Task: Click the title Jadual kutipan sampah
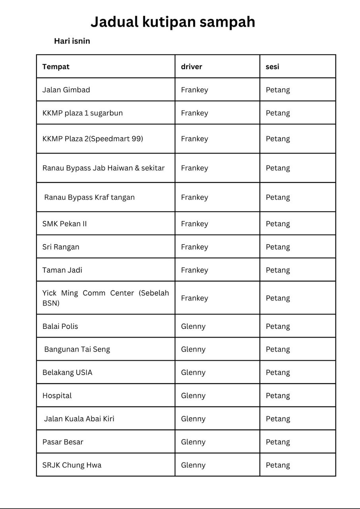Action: click(x=173, y=22)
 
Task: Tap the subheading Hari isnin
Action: click(x=72, y=41)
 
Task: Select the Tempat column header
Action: click(x=56, y=67)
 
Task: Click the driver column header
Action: click(x=192, y=67)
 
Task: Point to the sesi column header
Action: click(x=273, y=67)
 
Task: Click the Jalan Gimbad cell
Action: click(x=66, y=90)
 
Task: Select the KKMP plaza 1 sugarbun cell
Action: click(x=83, y=113)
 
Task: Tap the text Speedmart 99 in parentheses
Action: click(x=122, y=139)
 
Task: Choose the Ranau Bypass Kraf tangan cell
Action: click(x=89, y=197)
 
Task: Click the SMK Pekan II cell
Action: click(x=64, y=224)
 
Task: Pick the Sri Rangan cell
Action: click(x=61, y=247)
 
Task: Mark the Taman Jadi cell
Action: click(x=62, y=270)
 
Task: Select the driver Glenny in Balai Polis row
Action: click(x=194, y=326)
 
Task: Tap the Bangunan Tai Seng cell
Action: click(x=77, y=350)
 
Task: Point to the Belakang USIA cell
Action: click(x=67, y=373)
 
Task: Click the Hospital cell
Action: click(x=57, y=396)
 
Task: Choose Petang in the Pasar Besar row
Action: click(x=278, y=442)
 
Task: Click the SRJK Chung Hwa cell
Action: click(x=72, y=465)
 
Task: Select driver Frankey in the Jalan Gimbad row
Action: click(x=195, y=90)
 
